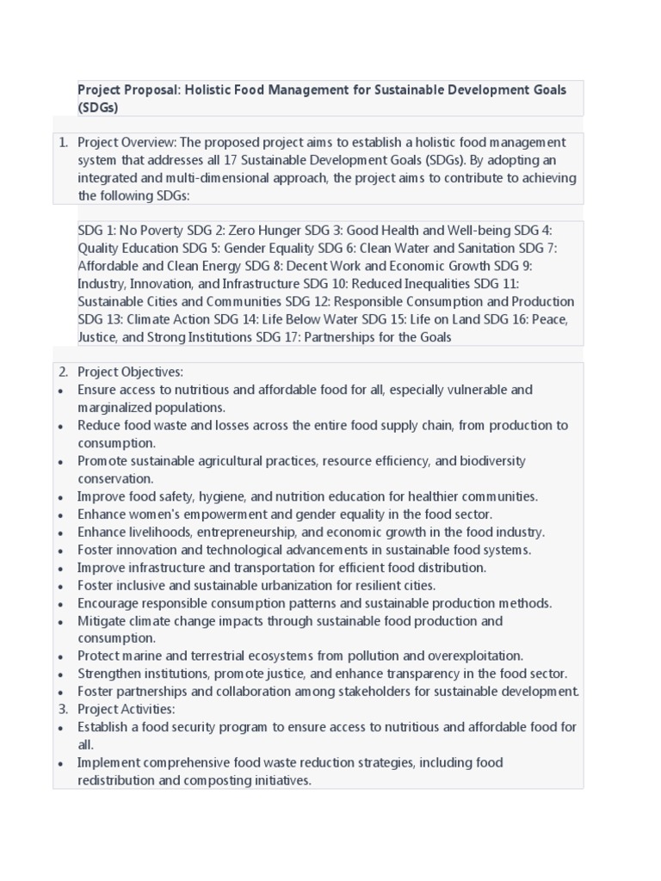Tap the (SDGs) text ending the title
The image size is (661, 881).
point(97,108)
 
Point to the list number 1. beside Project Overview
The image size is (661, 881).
point(63,142)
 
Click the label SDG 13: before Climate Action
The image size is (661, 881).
point(101,319)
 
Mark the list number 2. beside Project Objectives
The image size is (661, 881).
point(63,372)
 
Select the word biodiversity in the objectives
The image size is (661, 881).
point(493,461)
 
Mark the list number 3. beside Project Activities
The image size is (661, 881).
point(63,709)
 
